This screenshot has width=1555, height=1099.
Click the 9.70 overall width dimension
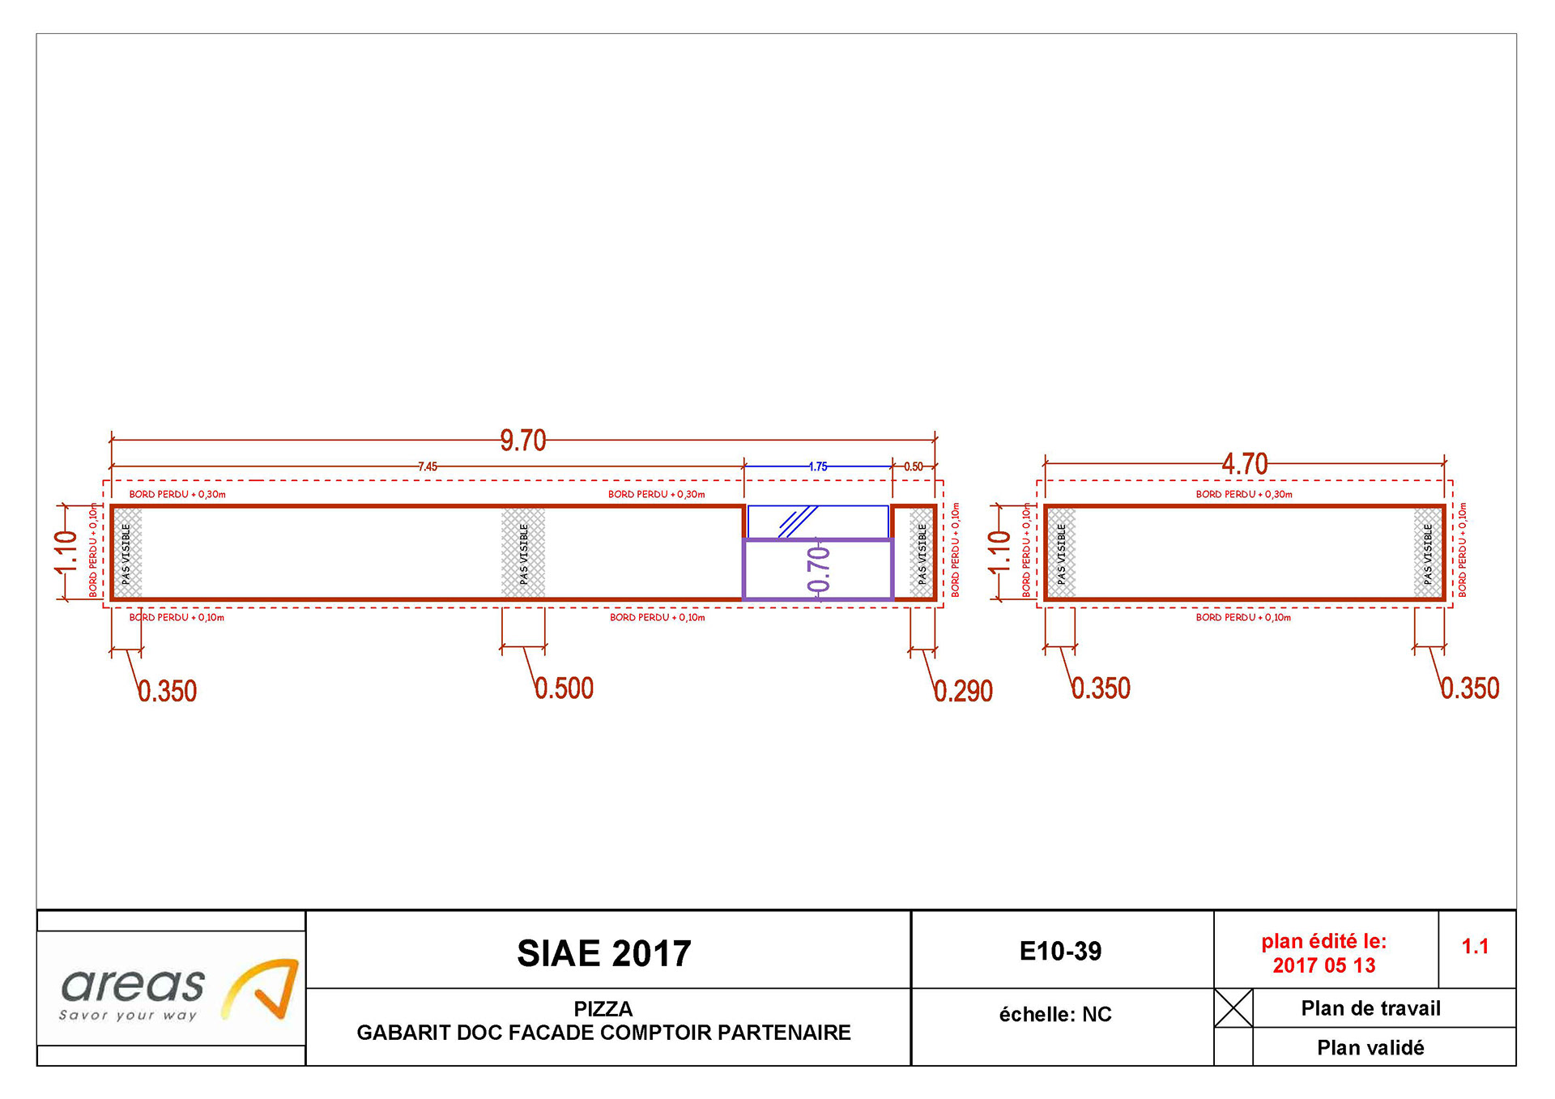pos(523,441)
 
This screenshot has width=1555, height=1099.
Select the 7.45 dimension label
pos(428,466)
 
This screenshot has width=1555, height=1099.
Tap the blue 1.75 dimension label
pos(818,466)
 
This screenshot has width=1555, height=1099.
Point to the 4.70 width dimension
pos(1245,464)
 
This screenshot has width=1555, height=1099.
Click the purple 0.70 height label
pos(819,569)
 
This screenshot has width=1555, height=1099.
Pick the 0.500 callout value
pos(564,688)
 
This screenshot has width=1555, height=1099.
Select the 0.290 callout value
pos(963,691)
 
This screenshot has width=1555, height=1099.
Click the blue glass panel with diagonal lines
pos(818,522)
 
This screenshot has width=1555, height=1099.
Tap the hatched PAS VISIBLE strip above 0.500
pos(523,553)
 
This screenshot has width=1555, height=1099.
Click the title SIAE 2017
pos(604,953)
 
